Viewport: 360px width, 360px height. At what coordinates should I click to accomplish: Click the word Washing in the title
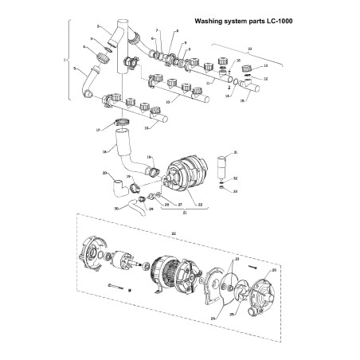point(208,22)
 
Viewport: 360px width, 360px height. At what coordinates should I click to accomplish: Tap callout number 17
point(98,129)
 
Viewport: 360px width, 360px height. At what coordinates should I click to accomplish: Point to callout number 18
point(104,151)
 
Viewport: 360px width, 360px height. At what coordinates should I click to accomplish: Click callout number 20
point(104,173)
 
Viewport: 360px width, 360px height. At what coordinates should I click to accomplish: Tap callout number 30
point(115,209)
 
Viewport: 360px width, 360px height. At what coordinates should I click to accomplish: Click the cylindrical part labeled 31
point(221,166)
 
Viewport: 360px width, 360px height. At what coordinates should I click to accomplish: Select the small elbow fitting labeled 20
point(118,188)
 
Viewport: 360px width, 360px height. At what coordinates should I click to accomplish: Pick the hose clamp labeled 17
point(121,123)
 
